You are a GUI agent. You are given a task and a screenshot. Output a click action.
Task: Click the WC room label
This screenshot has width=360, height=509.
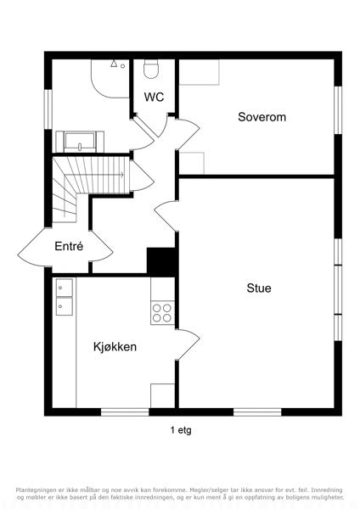coord(154,97)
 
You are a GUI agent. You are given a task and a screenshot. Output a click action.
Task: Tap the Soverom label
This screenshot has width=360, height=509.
coord(262,117)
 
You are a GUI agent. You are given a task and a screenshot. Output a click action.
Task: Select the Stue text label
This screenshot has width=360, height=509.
coord(259,288)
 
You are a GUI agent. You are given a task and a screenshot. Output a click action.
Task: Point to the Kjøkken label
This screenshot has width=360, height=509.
coord(115,347)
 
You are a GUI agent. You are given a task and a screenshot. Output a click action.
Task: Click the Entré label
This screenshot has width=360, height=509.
coord(69,246)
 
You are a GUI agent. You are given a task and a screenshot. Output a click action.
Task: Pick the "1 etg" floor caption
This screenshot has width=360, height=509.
coord(181,430)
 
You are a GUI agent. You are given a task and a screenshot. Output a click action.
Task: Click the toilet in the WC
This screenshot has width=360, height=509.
coord(151,70)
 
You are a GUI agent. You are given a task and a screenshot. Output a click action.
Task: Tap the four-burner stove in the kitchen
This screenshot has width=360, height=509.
coord(162,313)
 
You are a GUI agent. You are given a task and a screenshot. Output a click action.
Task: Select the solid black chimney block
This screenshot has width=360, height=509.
coord(161,261)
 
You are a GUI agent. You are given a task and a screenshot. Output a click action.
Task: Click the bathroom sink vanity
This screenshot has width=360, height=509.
coord(80,142)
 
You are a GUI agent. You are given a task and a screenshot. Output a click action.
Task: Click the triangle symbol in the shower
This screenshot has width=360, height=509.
coord(114,64)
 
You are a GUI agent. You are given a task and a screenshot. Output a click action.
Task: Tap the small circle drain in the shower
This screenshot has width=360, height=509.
coord(123,66)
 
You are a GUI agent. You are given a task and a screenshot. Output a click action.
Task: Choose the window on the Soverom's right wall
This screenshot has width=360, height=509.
coord(338,110)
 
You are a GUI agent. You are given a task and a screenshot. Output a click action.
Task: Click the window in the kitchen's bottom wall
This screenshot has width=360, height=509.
coord(125,412)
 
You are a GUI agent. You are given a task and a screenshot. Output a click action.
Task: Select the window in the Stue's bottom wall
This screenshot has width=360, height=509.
coord(257,412)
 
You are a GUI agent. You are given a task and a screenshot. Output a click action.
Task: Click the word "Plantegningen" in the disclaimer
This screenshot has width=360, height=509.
coord(33,489)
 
